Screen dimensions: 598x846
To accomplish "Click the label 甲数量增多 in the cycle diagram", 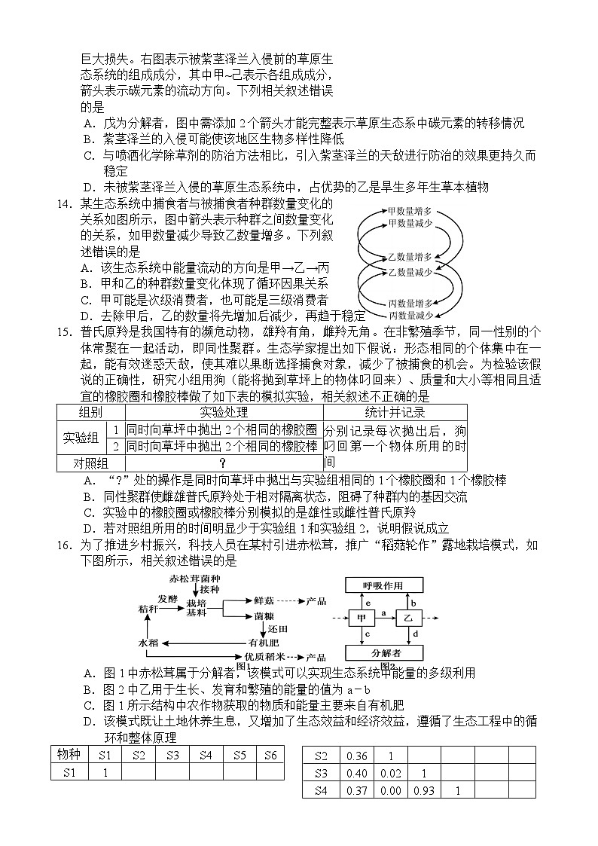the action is [409, 211].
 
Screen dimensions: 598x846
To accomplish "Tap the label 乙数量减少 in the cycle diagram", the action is [409, 271].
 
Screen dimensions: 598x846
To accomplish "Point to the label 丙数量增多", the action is [409, 303].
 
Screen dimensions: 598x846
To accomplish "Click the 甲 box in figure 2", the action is [361, 618].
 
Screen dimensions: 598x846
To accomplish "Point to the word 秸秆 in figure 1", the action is [149, 607].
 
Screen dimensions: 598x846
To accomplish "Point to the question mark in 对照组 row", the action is [223, 463].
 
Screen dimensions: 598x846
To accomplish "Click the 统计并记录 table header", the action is [395, 412].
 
